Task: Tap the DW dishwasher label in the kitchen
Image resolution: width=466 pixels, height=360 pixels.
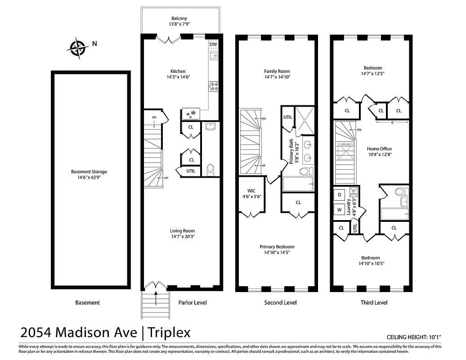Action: (x=213, y=45)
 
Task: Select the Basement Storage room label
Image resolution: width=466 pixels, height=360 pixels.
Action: (x=89, y=171)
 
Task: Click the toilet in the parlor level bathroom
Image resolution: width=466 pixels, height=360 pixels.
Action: (x=210, y=169)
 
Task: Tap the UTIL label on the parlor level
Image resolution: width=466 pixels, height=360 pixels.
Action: (x=191, y=171)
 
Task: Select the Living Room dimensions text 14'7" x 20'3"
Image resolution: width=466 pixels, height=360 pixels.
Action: (x=183, y=236)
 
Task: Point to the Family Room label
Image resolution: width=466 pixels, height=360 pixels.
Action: (x=277, y=71)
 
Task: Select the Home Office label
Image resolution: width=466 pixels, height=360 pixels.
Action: (x=379, y=149)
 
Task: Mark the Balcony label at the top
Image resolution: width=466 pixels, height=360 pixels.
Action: (x=179, y=18)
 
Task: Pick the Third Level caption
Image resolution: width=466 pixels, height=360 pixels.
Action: (x=374, y=303)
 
